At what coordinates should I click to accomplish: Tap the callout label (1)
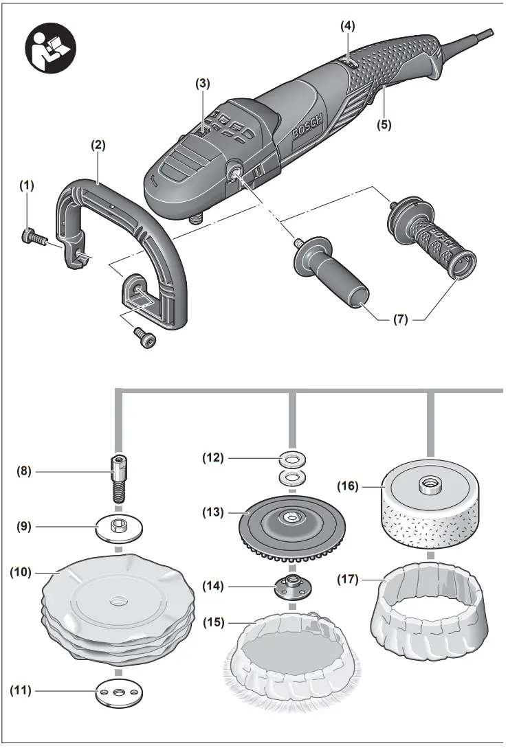point(26,185)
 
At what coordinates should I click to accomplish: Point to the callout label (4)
point(349,26)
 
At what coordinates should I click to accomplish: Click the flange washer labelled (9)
point(118,527)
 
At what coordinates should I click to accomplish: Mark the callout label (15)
point(214,622)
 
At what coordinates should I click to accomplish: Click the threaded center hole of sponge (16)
point(430,484)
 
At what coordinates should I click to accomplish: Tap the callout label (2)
point(98,145)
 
